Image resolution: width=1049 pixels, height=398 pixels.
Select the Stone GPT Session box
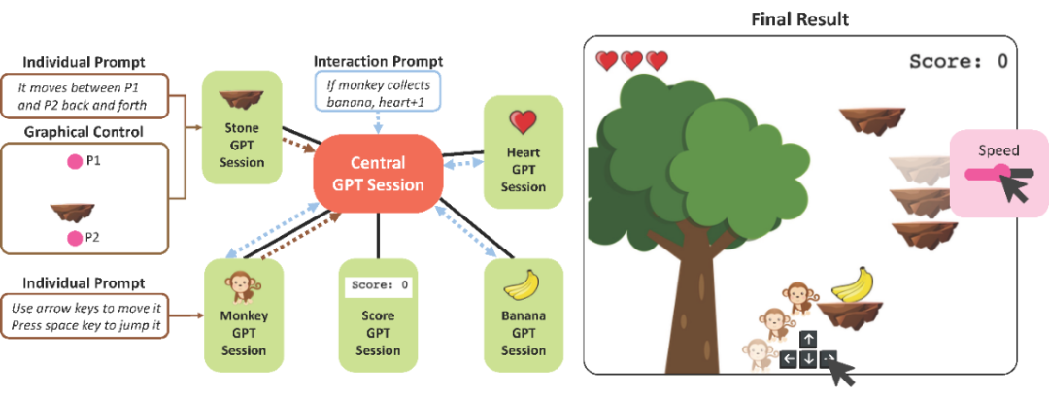[x=242, y=131]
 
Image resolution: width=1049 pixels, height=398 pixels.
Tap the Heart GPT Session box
[x=524, y=149]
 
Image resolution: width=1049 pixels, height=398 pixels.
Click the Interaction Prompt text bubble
[x=378, y=93]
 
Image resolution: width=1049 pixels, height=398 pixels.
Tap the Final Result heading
[x=799, y=18]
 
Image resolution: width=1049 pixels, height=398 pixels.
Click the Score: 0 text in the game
[x=958, y=61]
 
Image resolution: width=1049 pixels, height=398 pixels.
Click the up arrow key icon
[x=808, y=339]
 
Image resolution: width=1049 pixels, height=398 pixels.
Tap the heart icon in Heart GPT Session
[x=524, y=120]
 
